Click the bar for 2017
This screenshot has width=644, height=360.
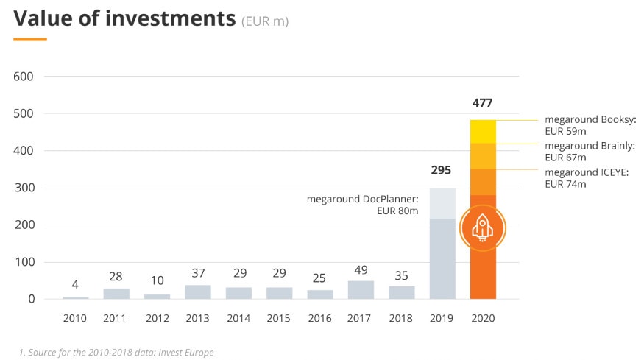[x=361, y=289]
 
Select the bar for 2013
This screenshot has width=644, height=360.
[x=198, y=292]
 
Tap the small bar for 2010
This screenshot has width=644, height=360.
[x=75, y=297]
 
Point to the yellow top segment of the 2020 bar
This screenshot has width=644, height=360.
[x=483, y=130]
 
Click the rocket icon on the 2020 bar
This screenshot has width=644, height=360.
[x=483, y=227]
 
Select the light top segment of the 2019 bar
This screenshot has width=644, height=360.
[x=442, y=203]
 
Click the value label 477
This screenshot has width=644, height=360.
[x=483, y=103]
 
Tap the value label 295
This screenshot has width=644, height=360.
[x=441, y=171]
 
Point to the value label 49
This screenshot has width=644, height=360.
[x=361, y=270]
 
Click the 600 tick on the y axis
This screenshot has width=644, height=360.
[x=25, y=77]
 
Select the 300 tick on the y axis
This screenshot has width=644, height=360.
[x=25, y=188]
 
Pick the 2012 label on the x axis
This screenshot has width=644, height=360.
[x=157, y=319]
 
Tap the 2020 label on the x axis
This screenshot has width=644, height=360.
[x=483, y=319]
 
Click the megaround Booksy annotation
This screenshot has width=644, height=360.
[x=590, y=125]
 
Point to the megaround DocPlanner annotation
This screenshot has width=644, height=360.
[x=362, y=205]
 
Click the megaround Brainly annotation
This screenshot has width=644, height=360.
[x=588, y=152]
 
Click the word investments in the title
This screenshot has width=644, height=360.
[x=169, y=19]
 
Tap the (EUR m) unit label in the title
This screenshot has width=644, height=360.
[x=265, y=21]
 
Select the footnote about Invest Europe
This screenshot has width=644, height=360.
[x=116, y=353]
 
